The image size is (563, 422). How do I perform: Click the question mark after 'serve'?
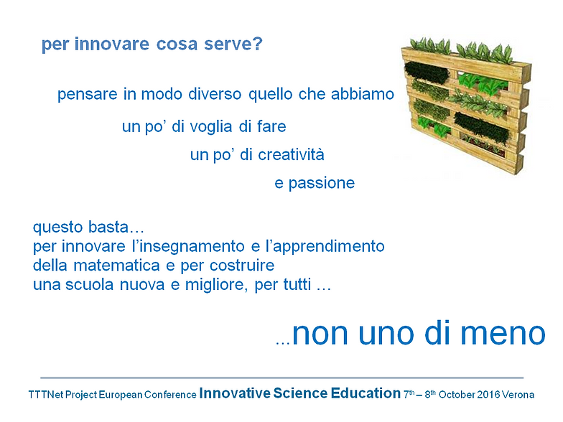pos(258,43)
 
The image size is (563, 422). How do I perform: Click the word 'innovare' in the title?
pos(112,44)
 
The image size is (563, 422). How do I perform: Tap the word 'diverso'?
pos(215,94)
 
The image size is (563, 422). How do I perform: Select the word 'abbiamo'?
pos(362,93)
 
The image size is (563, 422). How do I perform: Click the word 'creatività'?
pos(292,155)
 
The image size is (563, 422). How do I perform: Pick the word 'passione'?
pos(322,184)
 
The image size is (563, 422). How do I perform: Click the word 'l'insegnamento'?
pos(188,247)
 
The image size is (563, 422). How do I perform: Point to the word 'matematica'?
pos(116,266)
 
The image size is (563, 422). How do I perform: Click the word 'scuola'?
pos(90,284)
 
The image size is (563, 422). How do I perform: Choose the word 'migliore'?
pos(216,286)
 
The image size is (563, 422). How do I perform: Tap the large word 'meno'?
pos(503,333)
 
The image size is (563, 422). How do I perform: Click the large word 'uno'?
pos(389,333)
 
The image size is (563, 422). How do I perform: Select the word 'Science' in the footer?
pos(300,393)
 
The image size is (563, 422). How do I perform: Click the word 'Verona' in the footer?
pos(518,395)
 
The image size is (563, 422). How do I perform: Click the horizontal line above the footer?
pos(281,378)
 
